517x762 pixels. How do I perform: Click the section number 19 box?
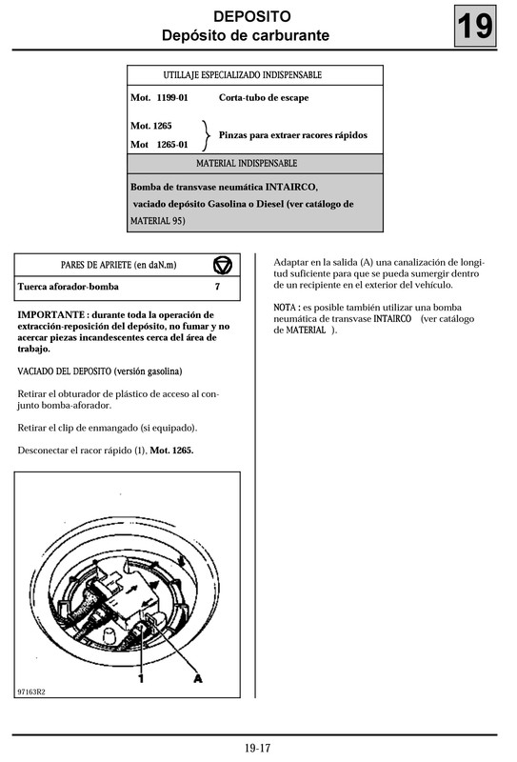point(476,26)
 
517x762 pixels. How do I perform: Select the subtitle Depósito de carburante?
point(246,36)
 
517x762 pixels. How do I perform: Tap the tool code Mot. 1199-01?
point(159,97)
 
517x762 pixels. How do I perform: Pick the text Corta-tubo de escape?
point(264,97)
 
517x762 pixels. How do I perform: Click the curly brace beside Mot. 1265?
point(208,134)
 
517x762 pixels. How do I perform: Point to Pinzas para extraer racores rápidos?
point(292,135)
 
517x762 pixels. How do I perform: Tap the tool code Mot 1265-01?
point(159,145)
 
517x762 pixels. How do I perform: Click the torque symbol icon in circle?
point(222,264)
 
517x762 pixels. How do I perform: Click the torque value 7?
point(217,286)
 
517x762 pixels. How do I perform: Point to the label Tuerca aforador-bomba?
point(68,286)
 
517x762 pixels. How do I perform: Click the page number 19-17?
point(257,748)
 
